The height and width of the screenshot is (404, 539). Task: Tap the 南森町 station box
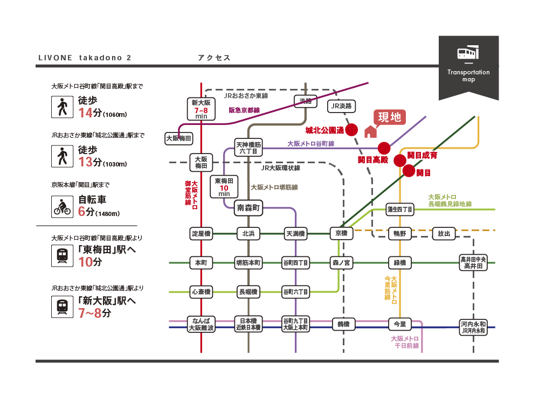tap(248, 207)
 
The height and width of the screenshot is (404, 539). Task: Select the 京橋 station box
tap(341, 233)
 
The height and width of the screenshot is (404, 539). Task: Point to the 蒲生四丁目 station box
tap(399, 209)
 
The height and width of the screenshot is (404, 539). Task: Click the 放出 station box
tap(444, 234)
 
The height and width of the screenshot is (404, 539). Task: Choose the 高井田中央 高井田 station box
tap(473, 263)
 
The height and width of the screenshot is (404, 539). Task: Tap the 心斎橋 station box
tap(201, 292)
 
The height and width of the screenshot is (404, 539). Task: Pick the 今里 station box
tap(399, 324)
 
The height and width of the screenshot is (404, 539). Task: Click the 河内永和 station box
tap(473, 328)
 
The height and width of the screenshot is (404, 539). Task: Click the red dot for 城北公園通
tap(351, 129)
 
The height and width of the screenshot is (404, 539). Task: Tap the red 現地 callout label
tap(390, 117)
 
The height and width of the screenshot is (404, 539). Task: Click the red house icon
tap(370, 131)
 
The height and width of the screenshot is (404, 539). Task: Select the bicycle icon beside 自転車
tap(61, 206)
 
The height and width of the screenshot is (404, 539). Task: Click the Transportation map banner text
tap(468, 75)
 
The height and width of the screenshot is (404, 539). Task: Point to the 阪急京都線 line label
tap(244, 110)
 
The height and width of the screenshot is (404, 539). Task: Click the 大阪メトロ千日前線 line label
tap(405, 342)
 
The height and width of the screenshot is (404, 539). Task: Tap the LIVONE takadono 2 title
tap(85, 58)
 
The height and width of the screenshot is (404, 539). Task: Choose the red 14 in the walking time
tap(86, 113)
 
